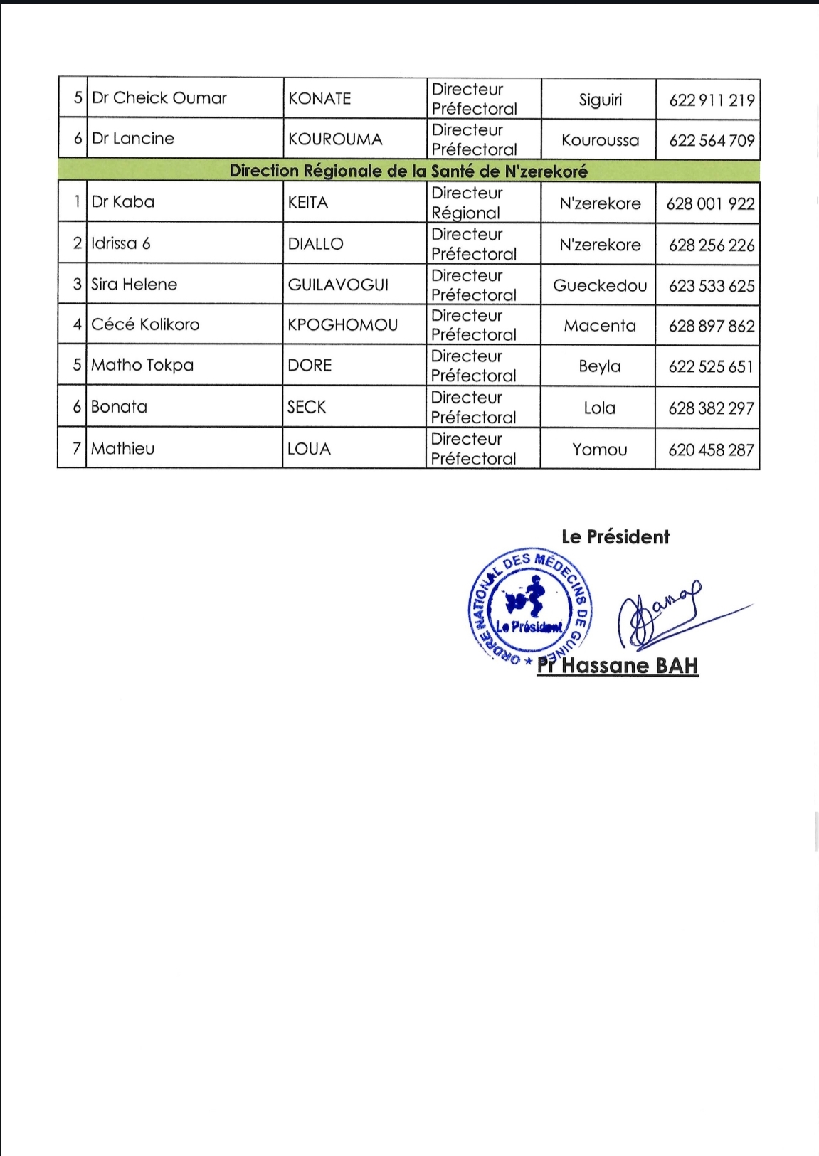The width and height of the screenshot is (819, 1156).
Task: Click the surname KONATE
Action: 319,98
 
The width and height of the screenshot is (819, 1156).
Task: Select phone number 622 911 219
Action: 711,100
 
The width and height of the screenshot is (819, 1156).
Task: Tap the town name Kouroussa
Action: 600,140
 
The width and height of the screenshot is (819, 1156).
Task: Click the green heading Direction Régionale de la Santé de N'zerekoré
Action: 408,171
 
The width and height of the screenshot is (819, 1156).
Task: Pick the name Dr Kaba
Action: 122,202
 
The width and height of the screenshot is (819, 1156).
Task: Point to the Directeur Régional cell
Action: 467,203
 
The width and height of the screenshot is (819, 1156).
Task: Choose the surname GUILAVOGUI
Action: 338,285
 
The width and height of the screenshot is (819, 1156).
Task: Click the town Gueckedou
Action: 600,286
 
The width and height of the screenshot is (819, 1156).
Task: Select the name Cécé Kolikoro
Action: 145,324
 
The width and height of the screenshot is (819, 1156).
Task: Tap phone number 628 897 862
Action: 711,327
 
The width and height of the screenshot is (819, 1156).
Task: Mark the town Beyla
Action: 599,366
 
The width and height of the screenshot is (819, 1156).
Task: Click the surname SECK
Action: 307,407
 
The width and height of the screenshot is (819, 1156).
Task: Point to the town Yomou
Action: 599,450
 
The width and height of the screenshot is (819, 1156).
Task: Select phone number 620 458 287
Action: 710,450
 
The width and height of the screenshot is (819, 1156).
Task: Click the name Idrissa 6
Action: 120,243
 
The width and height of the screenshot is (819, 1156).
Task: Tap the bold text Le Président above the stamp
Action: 615,537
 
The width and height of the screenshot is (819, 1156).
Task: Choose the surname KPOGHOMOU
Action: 342,325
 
